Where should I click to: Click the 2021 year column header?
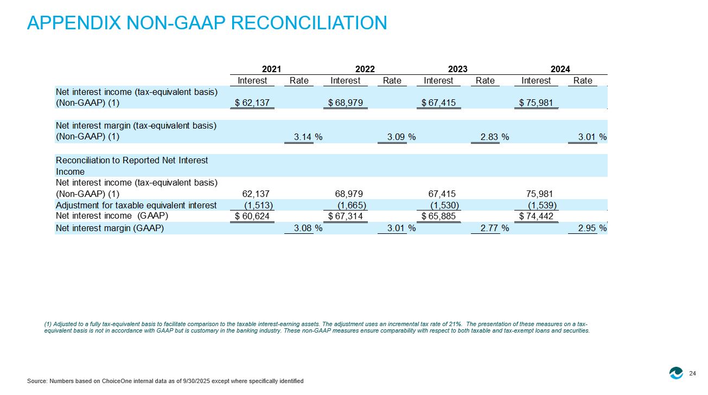[x=271, y=69]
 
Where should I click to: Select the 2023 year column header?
[x=458, y=69]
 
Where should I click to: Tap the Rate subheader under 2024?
[x=583, y=81]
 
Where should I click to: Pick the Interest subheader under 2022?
[x=346, y=81]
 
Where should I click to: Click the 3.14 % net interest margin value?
[x=308, y=137]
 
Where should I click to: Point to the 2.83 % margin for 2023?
[x=495, y=137]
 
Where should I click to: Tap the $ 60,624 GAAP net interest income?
[x=252, y=216]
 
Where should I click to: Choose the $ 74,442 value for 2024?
[x=536, y=216]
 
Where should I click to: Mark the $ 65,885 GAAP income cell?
[x=438, y=216]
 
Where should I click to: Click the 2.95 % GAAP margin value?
[x=592, y=228]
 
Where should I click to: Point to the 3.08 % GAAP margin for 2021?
[x=308, y=228]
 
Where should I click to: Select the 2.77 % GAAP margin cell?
[x=495, y=228]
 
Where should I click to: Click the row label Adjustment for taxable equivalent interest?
[x=136, y=206]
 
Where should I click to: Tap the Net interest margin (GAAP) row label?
[x=110, y=228]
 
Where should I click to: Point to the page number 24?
[x=692, y=373]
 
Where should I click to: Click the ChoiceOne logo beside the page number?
[x=676, y=373]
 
